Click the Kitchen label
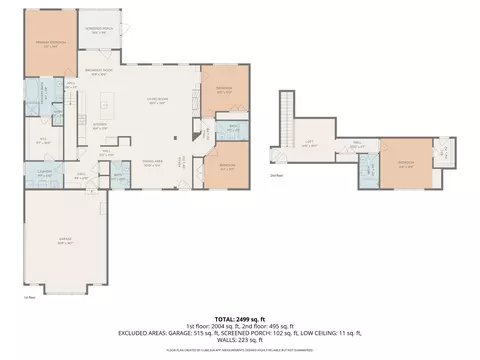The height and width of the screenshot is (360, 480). coord(100,125)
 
